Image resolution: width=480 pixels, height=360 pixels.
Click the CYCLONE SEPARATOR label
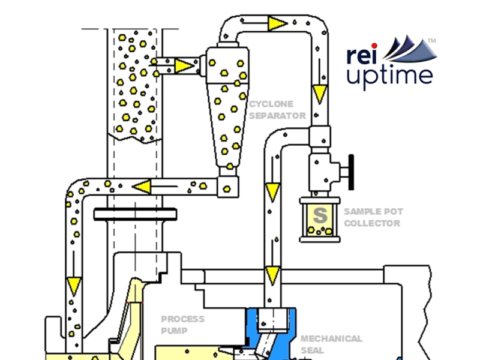[277, 109]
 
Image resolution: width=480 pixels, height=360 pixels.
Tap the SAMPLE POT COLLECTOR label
[373, 217]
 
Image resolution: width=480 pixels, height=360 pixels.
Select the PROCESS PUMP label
[182, 325]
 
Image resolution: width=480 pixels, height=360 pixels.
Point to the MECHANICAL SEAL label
[331, 344]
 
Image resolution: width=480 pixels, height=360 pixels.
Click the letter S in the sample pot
[320, 214]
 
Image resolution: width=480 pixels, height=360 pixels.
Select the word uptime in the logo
[390, 76]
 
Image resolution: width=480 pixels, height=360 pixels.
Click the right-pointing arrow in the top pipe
[277, 23]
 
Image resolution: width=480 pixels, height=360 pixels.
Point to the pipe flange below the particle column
[135, 214]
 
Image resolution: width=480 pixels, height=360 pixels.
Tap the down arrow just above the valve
[320, 93]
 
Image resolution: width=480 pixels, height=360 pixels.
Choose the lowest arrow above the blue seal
[273, 274]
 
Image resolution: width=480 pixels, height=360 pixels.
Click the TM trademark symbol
[431, 40]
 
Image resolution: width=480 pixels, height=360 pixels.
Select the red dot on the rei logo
[374, 45]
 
